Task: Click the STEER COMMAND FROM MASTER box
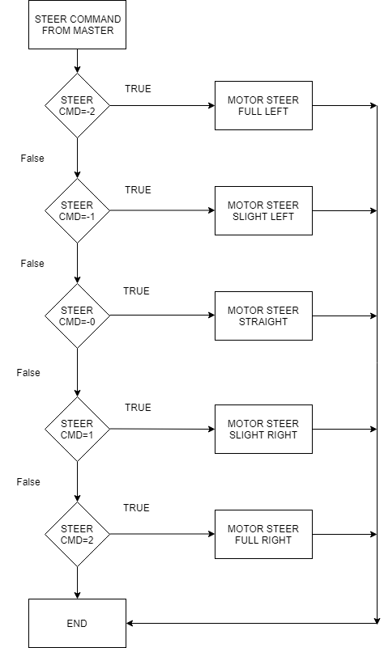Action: [78, 25]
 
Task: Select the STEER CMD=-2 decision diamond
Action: [78, 105]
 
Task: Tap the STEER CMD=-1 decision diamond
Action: [78, 211]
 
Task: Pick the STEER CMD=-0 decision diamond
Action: [78, 316]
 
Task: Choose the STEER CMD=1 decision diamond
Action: [78, 429]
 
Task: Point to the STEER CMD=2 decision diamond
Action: [78, 534]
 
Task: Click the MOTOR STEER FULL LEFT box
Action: [263, 105]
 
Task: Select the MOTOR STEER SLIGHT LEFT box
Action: [263, 211]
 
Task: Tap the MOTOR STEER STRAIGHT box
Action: [263, 316]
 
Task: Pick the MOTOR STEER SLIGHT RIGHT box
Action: [263, 429]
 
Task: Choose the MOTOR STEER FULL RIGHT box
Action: [263, 534]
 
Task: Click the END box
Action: [78, 623]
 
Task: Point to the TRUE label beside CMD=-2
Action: [139, 89]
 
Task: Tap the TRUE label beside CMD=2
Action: [136, 508]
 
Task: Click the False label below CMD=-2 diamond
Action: [32, 159]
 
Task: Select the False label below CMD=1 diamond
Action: [28, 482]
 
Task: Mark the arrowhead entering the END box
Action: [129, 623]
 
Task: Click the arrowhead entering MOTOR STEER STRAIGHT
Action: [212, 316]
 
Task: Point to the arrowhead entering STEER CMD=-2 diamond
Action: [78, 70]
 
